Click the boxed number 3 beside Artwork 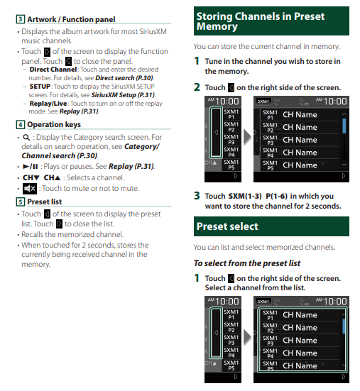click(x=21, y=19)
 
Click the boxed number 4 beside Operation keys click(x=21, y=124)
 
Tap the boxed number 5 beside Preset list click(x=21, y=202)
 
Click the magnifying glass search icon click(x=26, y=138)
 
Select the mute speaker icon click(x=30, y=189)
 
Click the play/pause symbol click(x=31, y=166)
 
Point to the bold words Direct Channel click(x=53, y=70)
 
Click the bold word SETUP click(x=40, y=87)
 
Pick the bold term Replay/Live click(x=48, y=104)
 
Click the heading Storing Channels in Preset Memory click(x=260, y=21)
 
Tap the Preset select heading click(x=227, y=226)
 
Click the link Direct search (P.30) click(x=124, y=78)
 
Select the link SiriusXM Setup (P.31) click(x=124, y=95)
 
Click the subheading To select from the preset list click(x=247, y=263)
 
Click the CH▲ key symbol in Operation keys click(x=52, y=177)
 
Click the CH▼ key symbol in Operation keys click(x=31, y=177)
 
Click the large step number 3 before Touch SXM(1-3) click(x=197, y=196)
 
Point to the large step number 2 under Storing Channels click(x=197, y=87)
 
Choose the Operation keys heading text click(x=54, y=124)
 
